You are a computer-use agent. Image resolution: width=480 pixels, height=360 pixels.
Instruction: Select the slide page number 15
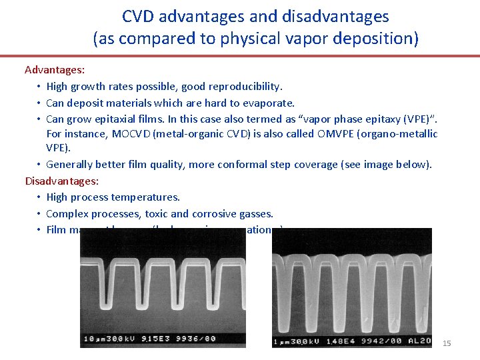point(447,343)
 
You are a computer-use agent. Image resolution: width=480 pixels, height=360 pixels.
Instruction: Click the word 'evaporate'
point(270,103)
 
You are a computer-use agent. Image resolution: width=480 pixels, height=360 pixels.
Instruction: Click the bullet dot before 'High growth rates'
point(40,87)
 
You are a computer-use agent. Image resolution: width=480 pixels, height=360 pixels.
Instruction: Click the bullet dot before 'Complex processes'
point(40,214)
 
